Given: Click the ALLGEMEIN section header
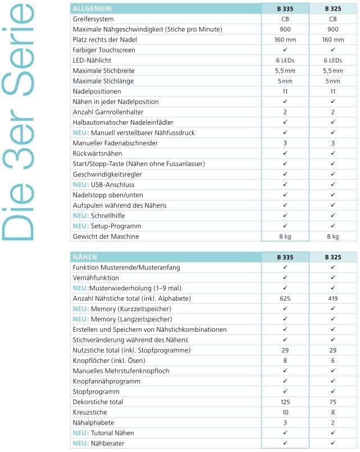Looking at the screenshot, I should (93, 9).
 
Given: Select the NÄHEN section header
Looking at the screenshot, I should (85, 257).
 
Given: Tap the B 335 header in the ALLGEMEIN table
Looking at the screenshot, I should (285, 9).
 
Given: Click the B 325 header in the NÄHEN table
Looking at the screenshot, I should (332, 257).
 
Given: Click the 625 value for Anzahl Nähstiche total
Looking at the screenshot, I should (285, 299).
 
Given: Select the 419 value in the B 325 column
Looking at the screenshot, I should (332, 299).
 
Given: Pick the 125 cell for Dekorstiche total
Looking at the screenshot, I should (285, 402).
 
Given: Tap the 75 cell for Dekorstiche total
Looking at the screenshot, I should (332, 402).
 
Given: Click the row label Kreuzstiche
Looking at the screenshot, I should (90, 412).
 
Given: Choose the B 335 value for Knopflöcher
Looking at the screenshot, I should (285, 360).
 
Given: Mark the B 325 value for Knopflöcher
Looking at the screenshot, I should (332, 360).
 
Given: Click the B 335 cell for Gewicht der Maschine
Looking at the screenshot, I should (285, 236).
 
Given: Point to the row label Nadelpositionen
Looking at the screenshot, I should (97, 92).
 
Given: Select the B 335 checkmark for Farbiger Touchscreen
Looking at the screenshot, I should (285, 50).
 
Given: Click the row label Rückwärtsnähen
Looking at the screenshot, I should (98, 153).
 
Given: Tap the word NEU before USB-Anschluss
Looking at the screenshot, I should (80, 185).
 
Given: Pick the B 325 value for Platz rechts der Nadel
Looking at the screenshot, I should (332, 40).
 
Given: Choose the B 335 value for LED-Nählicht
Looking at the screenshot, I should (285, 61).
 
